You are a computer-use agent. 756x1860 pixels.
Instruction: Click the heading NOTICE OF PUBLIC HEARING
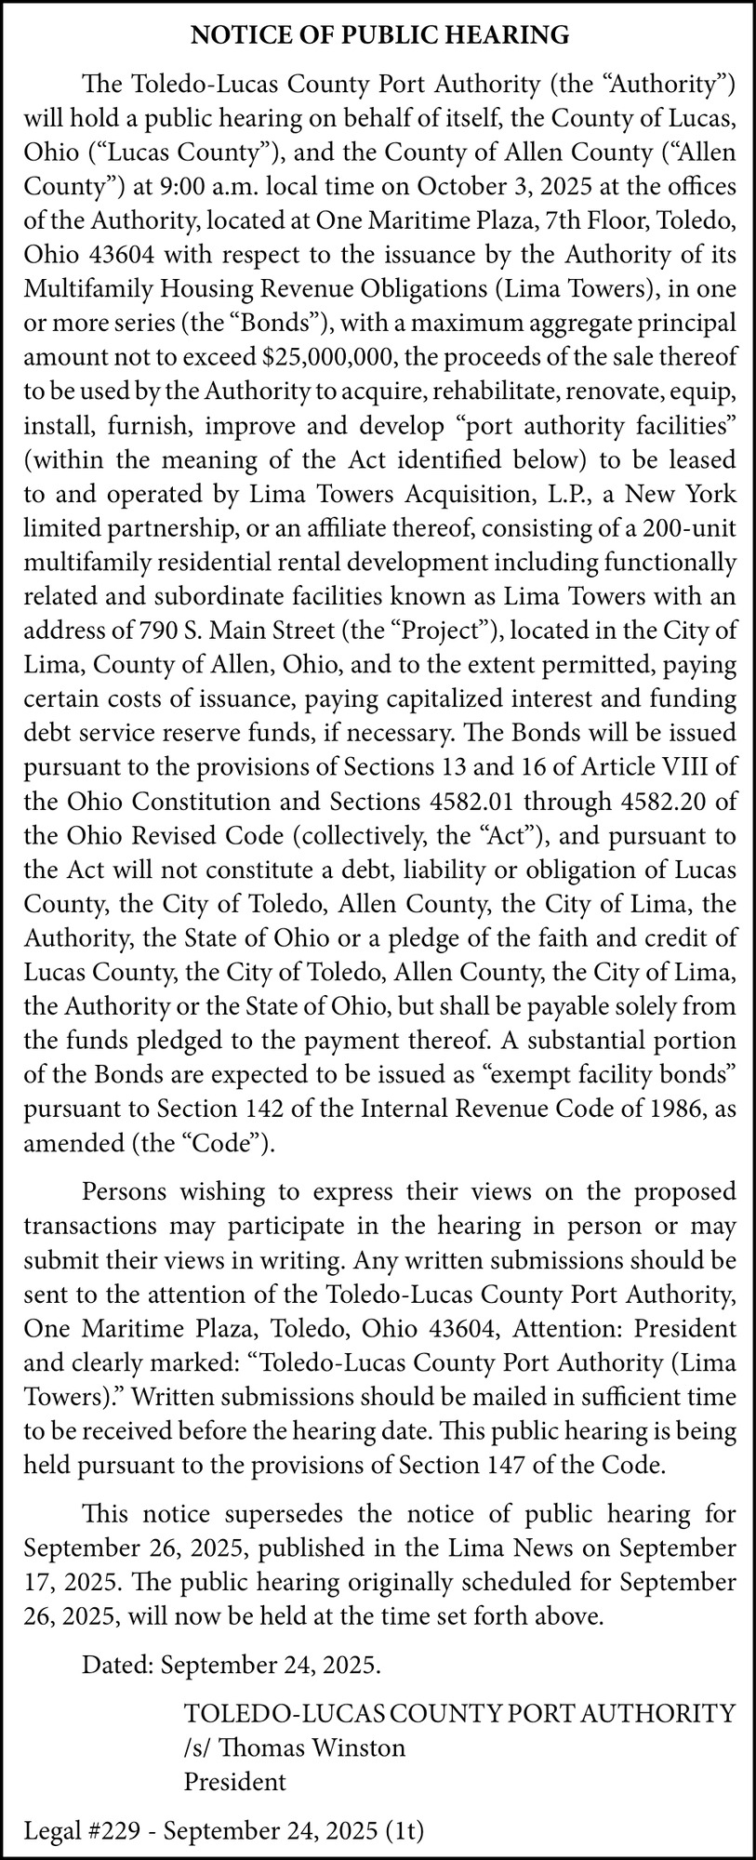pyautogui.click(x=378, y=35)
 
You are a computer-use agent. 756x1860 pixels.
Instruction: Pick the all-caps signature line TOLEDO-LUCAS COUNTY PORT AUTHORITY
pyautogui.click(x=460, y=1713)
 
